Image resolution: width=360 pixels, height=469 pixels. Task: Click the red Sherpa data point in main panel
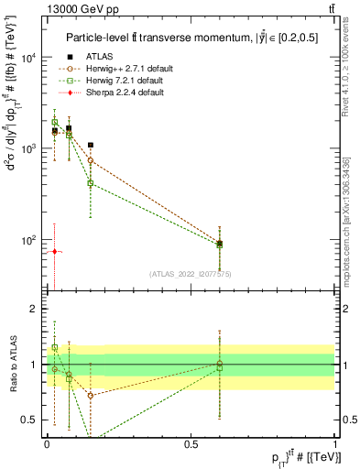point(54,251)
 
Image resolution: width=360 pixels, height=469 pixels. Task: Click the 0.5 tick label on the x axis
point(191,443)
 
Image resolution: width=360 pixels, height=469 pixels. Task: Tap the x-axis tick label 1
point(335,443)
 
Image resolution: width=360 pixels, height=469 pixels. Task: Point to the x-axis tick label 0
point(47,443)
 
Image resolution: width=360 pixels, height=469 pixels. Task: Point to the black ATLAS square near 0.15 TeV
point(90,145)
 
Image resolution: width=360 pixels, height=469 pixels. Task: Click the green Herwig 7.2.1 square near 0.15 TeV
point(90,183)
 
